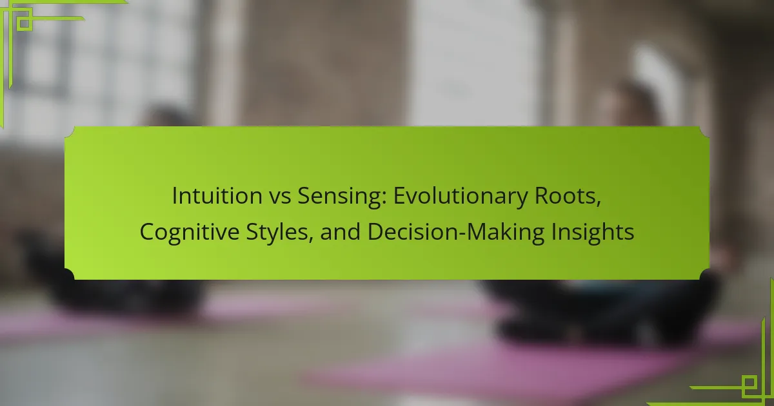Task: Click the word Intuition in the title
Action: (x=217, y=195)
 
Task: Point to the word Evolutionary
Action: (x=461, y=197)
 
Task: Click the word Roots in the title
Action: (x=565, y=196)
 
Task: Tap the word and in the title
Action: (x=341, y=231)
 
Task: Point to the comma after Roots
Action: (x=599, y=204)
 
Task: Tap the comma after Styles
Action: (x=310, y=240)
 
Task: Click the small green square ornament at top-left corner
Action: (x=24, y=23)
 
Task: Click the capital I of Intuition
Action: (x=175, y=196)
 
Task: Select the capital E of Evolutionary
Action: (x=399, y=196)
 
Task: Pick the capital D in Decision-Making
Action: (x=375, y=231)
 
